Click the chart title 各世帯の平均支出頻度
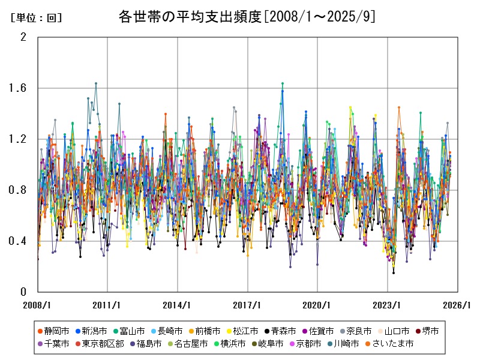pyautogui.click(x=191, y=16)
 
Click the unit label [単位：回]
pyautogui.click(x=36, y=18)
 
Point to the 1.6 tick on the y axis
pyautogui.click(x=20, y=88)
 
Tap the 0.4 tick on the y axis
pyautogui.click(x=20, y=241)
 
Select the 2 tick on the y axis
pyautogui.click(x=23, y=37)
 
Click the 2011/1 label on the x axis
pyautogui.click(x=107, y=305)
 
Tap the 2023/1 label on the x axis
pyautogui.click(x=388, y=305)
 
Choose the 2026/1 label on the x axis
pyautogui.click(x=457, y=305)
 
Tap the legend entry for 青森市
pyautogui.click(x=280, y=331)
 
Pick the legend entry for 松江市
pyautogui.click(x=243, y=331)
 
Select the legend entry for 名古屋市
pyautogui.click(x=191, y=344)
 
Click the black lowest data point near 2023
pyautogui.click(x=394, y=273)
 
